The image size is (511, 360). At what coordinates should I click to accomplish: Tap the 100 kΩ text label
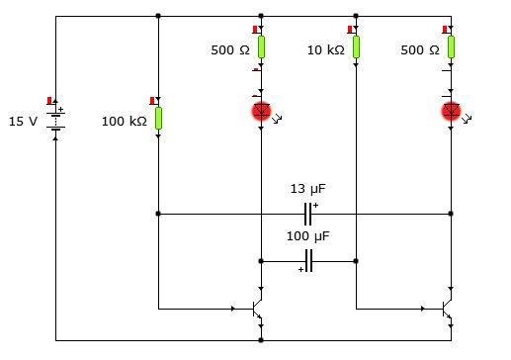pos(125,122)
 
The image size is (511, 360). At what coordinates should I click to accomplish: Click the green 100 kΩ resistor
pos(158,119)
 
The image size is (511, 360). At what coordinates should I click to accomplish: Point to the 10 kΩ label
pos(325,49)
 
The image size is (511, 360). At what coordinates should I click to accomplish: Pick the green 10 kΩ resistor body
pos(356,46)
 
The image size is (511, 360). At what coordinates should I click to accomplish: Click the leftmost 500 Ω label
pos(230,49)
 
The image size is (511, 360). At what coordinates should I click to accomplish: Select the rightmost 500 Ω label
pos(419,49)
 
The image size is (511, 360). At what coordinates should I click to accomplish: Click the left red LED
pos(261,111)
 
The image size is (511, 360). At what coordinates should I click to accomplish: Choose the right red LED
pos(451,111)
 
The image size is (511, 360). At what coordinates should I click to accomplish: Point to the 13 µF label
pos(307,188)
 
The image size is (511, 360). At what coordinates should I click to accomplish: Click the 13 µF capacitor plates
pos(308,213)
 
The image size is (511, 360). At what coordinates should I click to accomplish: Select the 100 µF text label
pos(307,237)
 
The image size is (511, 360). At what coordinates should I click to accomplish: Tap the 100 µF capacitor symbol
pos(308,261)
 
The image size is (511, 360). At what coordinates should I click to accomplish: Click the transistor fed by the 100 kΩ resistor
pos(256,309)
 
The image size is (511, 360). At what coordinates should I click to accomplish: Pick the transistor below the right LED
pos(447,309)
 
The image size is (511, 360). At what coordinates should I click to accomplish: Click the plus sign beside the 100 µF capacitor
pos(300,269)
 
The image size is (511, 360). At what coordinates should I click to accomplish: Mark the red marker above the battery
pos(49,100)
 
